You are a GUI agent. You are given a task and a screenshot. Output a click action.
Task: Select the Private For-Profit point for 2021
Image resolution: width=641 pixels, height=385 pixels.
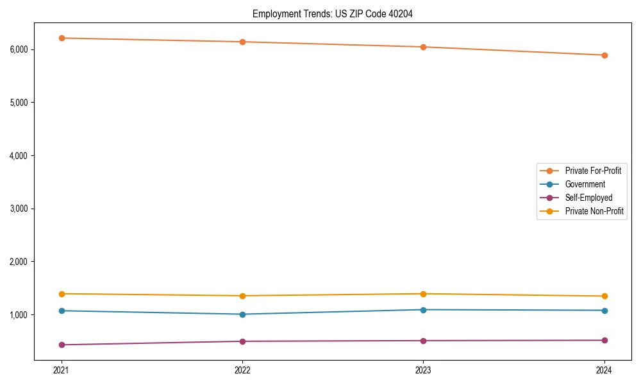62,38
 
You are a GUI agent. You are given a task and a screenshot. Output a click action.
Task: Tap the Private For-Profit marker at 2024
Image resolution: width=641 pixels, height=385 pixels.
604,55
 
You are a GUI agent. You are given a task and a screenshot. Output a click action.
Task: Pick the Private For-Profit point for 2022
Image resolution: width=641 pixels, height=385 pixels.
242,42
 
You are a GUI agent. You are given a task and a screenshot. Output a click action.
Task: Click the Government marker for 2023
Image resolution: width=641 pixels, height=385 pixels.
423,310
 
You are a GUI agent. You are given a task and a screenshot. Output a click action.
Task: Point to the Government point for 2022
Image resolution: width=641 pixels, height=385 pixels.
242,314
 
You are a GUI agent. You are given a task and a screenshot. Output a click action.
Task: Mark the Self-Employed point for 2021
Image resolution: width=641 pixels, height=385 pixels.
62,345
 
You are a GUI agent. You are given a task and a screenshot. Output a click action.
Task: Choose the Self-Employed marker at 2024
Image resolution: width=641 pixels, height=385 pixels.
604,340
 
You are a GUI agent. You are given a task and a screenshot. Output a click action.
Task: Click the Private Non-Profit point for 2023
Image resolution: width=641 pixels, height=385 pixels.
423,294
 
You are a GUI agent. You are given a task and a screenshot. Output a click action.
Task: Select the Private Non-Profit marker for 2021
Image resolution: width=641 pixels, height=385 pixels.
62,294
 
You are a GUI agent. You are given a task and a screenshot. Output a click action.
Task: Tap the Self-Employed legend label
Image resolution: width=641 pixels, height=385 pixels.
588,198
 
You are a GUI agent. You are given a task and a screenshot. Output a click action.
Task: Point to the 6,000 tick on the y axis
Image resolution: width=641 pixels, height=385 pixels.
17,49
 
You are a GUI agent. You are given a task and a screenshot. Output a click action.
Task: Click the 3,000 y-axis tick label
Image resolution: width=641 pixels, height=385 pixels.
17,209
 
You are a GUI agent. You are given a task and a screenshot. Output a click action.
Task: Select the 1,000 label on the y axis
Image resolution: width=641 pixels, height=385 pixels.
17,315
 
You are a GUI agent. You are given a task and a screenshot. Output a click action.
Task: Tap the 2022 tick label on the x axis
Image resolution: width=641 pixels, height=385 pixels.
242,370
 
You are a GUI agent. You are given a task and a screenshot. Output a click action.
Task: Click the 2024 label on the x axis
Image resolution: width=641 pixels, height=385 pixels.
604,370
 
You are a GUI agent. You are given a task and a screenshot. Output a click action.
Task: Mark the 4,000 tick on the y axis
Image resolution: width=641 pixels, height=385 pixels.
17,156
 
